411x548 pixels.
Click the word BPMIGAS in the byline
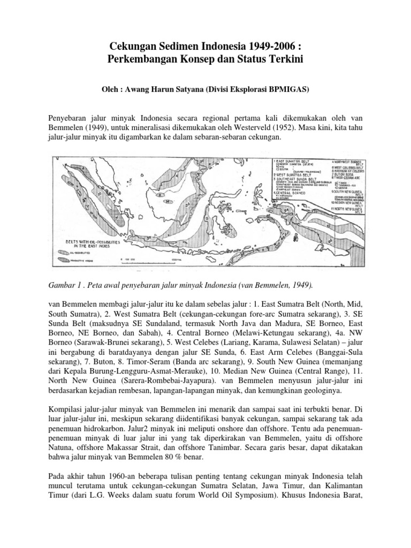[282, 90]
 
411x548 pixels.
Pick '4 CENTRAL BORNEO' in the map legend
[293, 193]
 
